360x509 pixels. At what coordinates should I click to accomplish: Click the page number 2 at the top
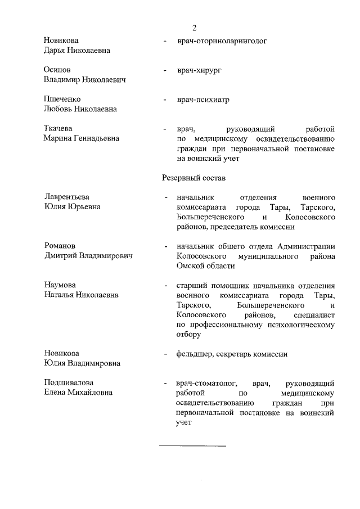(194, 28)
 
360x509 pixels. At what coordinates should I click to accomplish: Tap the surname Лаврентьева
(67, 197)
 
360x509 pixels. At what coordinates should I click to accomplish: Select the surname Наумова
(60, 285)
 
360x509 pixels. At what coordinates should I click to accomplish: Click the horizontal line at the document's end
(192, 446)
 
